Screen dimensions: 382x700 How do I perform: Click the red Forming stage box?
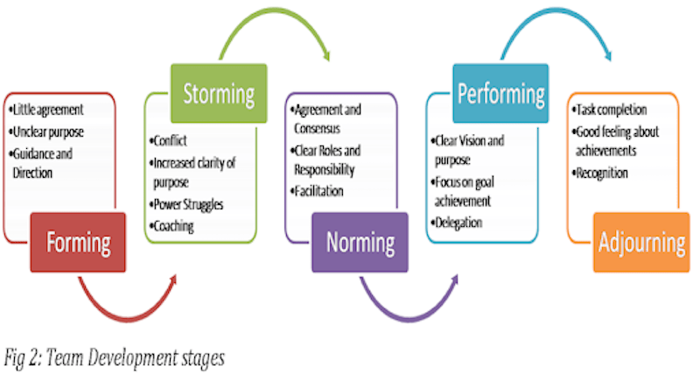79,241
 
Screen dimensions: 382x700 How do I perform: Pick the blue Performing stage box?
500,93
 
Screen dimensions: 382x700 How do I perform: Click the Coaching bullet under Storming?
176,225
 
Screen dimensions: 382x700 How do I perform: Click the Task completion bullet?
612,110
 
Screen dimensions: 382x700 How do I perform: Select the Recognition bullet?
603,173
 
